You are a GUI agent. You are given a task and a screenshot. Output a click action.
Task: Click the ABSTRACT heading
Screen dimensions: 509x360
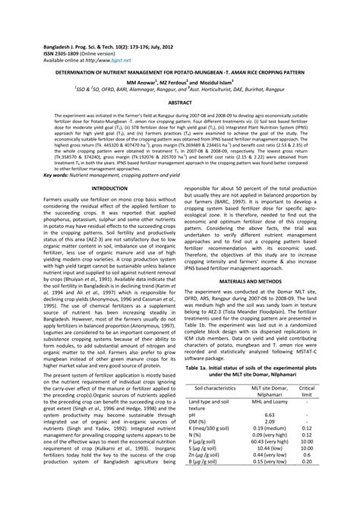tap(179, 100)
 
